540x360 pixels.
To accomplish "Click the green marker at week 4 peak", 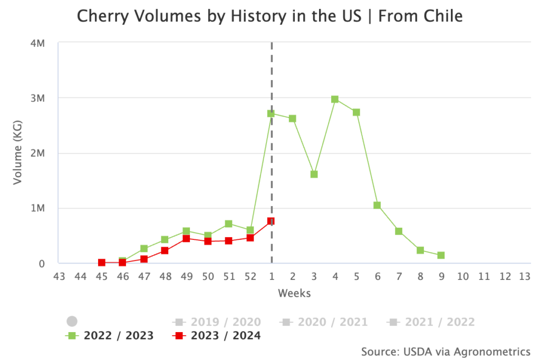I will pyautogui.click(x=335, y=99).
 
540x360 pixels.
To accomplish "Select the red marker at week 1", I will pyautogui.click(x=271, y=221).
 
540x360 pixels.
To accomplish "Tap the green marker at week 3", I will pyautogui.click(x=314, y=174).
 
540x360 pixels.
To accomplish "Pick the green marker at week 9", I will pyautogui.click(x=441, y=255).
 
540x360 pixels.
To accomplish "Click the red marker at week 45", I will pyautogui.click(x=102, y=262).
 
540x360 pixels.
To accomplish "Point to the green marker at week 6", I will pyautogui.click(x=377, y=205).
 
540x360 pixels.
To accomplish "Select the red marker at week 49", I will pyautogui.click(x=186, y=239).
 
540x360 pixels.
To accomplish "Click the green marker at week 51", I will pyautogui.click(x=228, y=224).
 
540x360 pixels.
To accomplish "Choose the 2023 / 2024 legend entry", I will pyautogui.click(x=217, y=336).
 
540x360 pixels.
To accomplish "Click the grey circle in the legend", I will pyautogui.click(x=72, y=322).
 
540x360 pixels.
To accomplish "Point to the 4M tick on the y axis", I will pyautogui.click(x=37, y=43).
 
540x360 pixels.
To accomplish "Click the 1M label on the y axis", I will pyautogui.click(x=37, y=208).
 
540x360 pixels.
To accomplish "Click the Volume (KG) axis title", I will pyautogui.click(x=18, y=153).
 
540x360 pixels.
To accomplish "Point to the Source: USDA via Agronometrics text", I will pyautogui.click(x=446, y=351).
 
